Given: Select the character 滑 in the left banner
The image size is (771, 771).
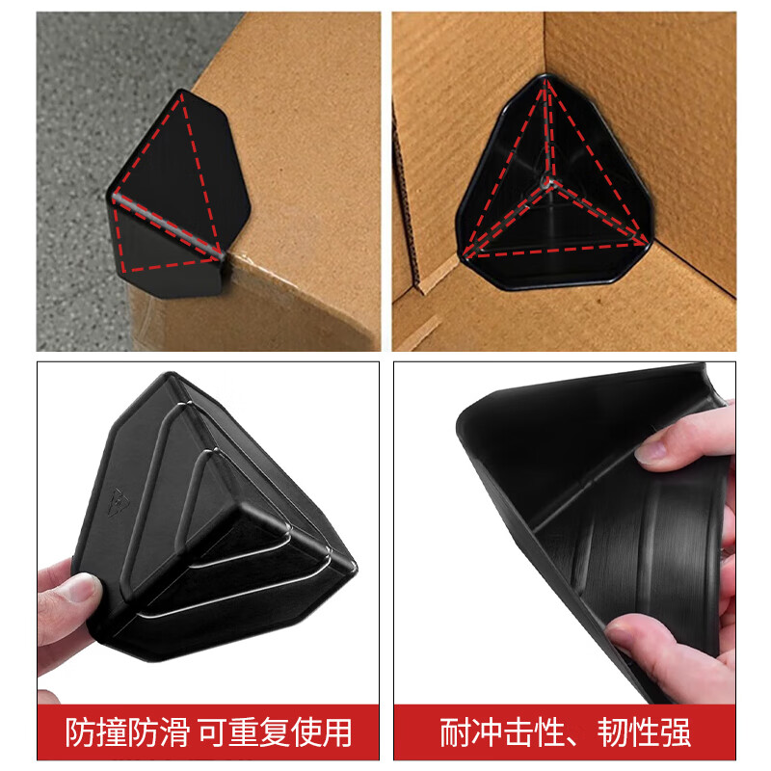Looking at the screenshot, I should [x=181, y=733].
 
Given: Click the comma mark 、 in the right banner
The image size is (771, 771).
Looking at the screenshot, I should [x=591, y=737].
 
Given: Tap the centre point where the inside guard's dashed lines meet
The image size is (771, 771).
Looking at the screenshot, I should [x=548, y=180].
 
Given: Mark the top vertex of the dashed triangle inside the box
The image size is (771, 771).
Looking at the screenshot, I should [x=548, y=81].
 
